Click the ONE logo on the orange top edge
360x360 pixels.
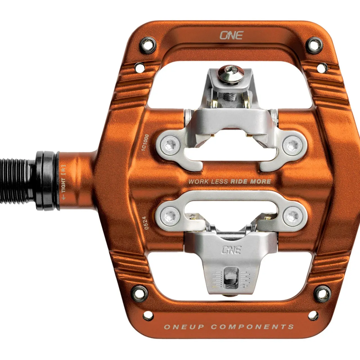[x=231, y=35]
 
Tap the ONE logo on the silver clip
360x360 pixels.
[x=231, y=250]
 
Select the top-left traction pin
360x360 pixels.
[x=148, y=45]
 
